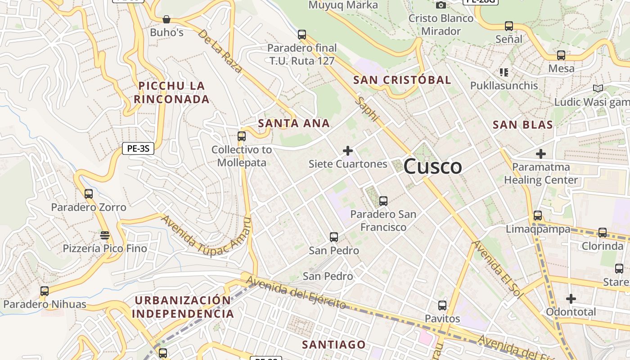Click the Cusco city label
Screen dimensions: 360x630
pyautogui.click(x=432, y=166)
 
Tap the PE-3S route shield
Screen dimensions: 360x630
pyautogui.click(x=138, y=148)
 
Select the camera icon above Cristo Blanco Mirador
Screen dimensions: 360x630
pyautogui.click(x=441, y=5)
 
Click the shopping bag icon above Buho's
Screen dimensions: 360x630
pyautogui.click(x=166, y=19)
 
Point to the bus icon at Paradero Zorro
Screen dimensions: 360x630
pyautogui.click(x=89, y=194)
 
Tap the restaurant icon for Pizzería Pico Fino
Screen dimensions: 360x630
pyautogui.click(x=105, y=235)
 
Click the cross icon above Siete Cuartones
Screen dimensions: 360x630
pyautogui.click(x=348, y=151)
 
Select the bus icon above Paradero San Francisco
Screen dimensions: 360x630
pyautogui.click(x=383, y=201)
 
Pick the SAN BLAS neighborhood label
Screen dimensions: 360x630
pyautogui.click(x=523, y=125)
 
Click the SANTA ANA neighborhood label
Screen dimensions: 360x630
pyautogui.click(x=294, y=123)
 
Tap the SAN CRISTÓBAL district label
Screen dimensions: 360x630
pyautogui.click(x=402, y=80)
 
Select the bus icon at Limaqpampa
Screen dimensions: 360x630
pyautogui.click(x=538, y=215)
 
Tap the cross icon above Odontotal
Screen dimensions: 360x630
pyautogui.click(x=571, y=299)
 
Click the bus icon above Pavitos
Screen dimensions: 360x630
pyautogui.click(x=442, y=306)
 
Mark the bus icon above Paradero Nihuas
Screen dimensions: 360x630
pyautogui.click(x=45, y=291)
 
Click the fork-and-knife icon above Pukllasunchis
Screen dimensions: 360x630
pyautogui.click(x=504, y=72)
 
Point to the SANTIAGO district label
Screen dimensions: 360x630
pyautogui.click(x=334, y=345)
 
